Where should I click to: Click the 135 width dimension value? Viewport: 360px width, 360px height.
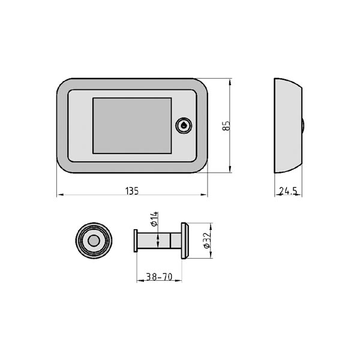[132, 191]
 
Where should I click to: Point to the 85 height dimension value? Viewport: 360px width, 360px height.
[226, 125]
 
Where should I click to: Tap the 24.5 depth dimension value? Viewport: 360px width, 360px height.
[288, 191]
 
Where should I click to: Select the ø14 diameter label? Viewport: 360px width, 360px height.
[154, 218]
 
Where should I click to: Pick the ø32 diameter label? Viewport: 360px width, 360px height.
[206, 241]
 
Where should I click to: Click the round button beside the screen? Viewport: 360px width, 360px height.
[182, 125]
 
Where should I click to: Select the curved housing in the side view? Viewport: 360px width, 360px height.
[287, 125]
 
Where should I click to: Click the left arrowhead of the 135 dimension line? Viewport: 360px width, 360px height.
[59, 195]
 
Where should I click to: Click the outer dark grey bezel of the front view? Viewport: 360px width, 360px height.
[62, 125]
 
